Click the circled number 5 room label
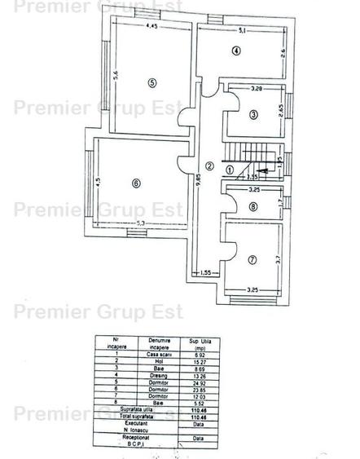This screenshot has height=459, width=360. (x=151, y=82)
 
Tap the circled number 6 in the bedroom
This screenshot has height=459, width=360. (x=136, y=183)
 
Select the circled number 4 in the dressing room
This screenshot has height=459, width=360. (x=236, y=51)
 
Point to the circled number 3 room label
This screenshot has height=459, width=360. (x=253, y=115)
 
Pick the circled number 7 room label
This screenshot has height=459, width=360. (x=252, y=260)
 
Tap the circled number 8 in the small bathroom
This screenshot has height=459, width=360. (x=252, y=207)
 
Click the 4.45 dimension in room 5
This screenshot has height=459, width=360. (x=151, y=27)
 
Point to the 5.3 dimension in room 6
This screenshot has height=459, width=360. (x=140, y=223)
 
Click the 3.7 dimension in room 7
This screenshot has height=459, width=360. (x=278, y=259)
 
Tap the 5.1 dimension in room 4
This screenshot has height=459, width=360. (x=242, y=31)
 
